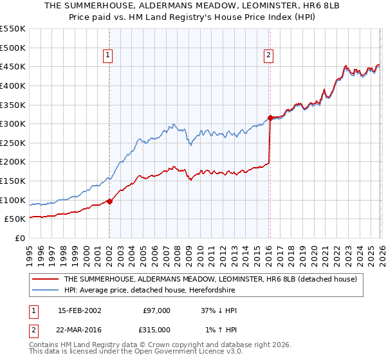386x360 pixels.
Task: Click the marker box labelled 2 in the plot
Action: click(268, 55)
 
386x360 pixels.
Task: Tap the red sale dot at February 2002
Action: click(109, 201)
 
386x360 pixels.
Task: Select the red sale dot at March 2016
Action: click(270, 118)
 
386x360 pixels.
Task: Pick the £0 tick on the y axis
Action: click(19, 238)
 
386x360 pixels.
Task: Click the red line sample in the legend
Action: click(45, 279)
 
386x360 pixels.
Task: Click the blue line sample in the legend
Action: click(45, 290)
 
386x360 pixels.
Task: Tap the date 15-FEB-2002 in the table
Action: click(79, 310)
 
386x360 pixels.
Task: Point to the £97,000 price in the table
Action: click(156, 310)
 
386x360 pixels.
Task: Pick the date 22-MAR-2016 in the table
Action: click(79, 330)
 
